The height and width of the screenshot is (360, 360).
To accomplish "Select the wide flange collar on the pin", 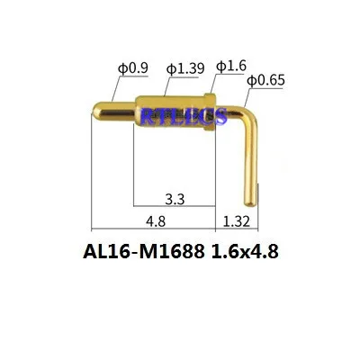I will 209,115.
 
